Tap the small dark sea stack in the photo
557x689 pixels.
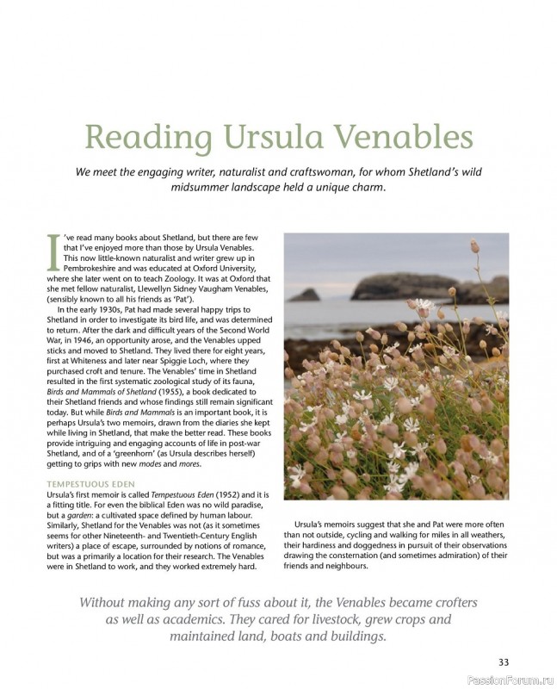click(304, 295)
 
